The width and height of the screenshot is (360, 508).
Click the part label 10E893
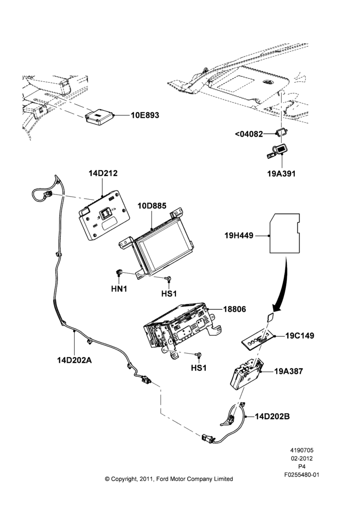[145, 115]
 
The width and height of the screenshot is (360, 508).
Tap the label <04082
[249, 134]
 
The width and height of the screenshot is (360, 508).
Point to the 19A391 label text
[281, 174]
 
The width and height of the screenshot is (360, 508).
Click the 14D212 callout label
[103, 173]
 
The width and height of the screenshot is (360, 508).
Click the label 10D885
[152, 206]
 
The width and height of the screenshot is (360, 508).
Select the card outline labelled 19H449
[285, 233]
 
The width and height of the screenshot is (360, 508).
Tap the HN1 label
[119, 289]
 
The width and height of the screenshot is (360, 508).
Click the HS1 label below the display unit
[169, 294]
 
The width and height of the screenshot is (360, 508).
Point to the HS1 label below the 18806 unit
[199, 368]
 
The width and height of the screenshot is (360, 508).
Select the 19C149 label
[299, 336]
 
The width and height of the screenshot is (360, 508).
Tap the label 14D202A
[74, 360]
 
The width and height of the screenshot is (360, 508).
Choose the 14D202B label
[273, 417]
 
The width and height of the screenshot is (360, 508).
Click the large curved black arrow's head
[276, 307]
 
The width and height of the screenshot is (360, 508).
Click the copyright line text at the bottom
[169, 479]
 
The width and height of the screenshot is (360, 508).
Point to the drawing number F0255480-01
[302, 475]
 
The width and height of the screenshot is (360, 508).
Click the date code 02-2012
[302, 458]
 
